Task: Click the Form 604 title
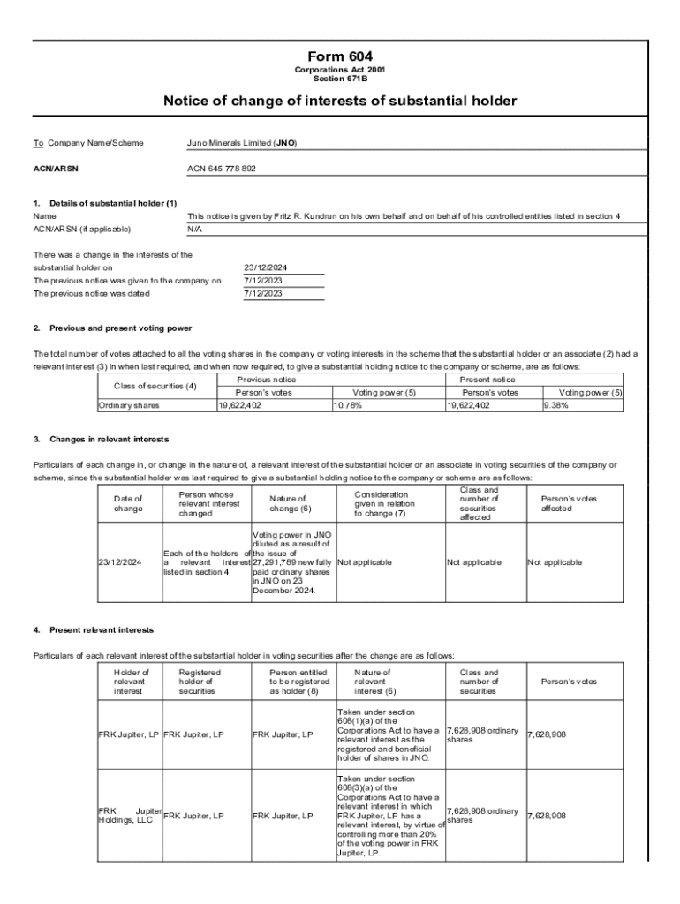(x=340, y=56)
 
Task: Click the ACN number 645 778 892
(x=222, y=169)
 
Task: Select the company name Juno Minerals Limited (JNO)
(x=242, y=142)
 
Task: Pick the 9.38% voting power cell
(x=557, y=405)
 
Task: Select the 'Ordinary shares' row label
(x=129, y=405)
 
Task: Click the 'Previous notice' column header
(x=273, y=379)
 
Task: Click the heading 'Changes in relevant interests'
(x=110, y=439)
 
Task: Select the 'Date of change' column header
(x=128, y=504)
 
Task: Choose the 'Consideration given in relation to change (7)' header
(x=381, y=504)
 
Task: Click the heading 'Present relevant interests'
(x=102, y=629)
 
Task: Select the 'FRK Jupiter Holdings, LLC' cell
(x=129, y=816)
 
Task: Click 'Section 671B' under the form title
(x=340, y=78)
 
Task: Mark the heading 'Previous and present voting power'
(x=121, y=328)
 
